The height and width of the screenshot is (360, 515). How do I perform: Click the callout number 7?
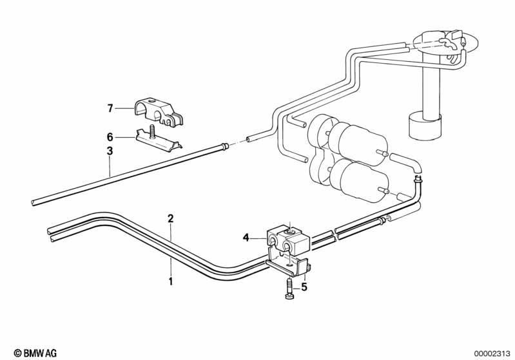click(110, 108)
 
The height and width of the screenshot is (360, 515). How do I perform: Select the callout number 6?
click(110, 137)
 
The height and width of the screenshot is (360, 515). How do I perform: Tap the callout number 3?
click(110, 151)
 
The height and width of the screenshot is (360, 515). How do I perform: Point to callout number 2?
click(170, 218)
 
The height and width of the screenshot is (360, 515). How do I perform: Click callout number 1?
click(170, 281)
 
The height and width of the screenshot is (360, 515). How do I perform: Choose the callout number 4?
click(246, 237)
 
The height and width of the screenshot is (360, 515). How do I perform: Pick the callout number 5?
click(304, 287)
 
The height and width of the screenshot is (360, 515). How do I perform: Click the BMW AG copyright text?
click(35, 353)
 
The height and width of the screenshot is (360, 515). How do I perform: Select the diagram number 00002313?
click(492, 354)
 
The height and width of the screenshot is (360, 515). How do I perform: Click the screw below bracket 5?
click(289, 289)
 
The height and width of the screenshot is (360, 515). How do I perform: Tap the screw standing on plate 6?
click(152, 131)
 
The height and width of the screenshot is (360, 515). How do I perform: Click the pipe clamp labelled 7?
click(159, 111)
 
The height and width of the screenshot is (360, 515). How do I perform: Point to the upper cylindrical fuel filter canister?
click(358, 142)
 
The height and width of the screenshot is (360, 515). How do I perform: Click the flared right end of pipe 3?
click(224, 146)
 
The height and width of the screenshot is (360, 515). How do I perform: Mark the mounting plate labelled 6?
click(158, 142)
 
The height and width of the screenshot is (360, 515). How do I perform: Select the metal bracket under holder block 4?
click(288, 263)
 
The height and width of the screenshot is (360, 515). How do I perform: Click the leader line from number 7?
click(124, 108)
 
